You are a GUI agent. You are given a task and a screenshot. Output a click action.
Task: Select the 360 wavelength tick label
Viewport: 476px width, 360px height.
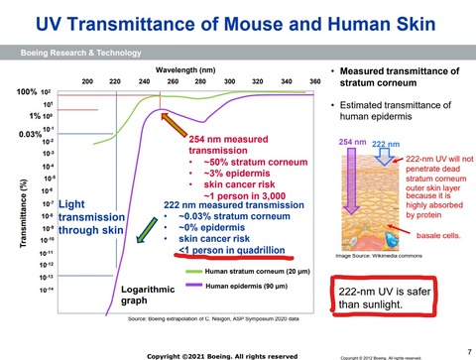[316, 80]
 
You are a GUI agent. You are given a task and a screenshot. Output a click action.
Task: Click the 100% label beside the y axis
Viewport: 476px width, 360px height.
[26, 92]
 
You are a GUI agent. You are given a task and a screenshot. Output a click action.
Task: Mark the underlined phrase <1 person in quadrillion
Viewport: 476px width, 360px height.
[231, 251]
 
